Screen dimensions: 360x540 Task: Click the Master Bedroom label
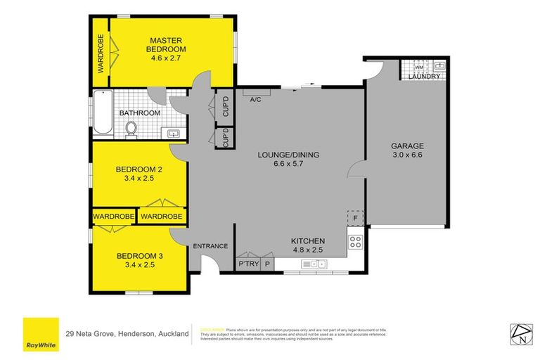point(166,44)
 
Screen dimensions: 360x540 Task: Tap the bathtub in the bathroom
point(103,115)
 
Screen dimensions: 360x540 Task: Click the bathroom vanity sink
point(172,133)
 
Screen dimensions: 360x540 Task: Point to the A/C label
point(256,99)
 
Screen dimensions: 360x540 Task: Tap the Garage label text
point(408,146)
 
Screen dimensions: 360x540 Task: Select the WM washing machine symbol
point(419,67)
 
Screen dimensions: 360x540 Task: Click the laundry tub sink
point(439,66)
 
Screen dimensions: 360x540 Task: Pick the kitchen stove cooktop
point(356,243)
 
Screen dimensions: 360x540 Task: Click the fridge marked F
point(355,219)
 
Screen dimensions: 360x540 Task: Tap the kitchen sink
point(313,264)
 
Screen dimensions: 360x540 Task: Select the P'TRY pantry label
point(249,264)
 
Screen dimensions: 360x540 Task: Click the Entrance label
point(210,246)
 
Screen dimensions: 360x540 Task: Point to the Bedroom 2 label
point(140,169)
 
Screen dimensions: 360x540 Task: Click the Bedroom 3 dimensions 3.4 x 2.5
point(140,265)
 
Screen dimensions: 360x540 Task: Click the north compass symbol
point(518,333)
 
